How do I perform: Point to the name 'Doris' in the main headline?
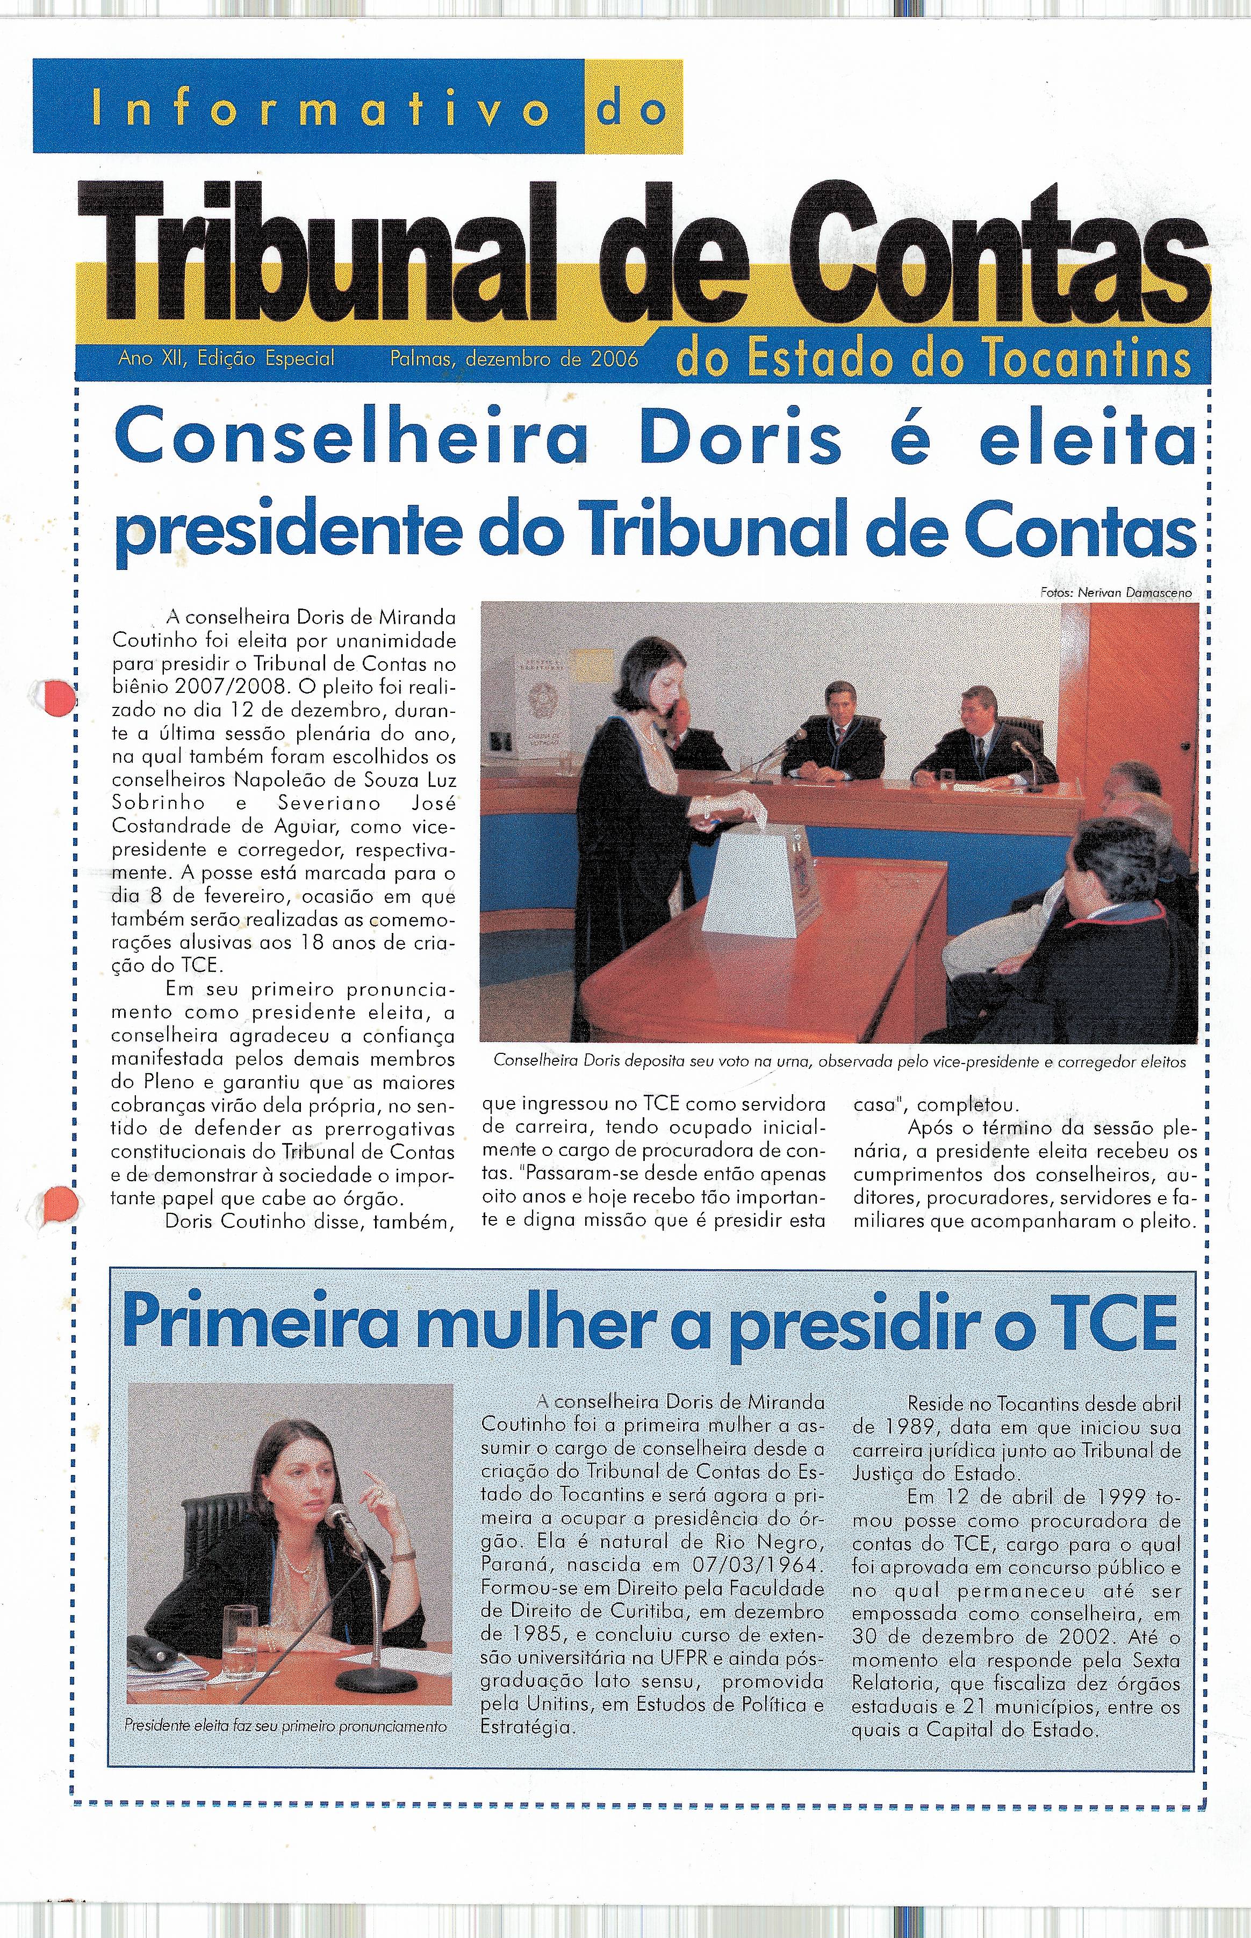click(740, 443)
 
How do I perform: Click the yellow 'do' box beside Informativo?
click(633, 107)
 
